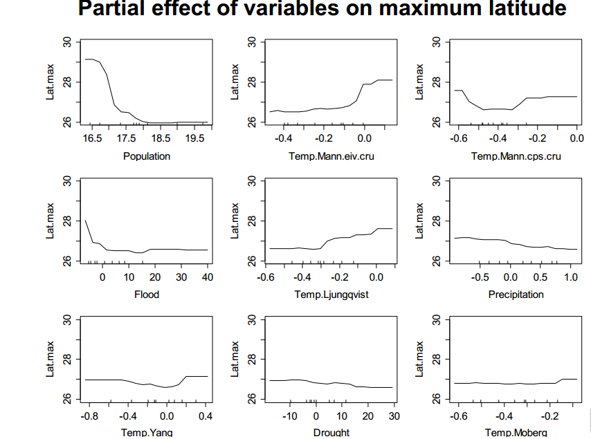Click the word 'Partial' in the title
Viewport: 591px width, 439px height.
tap(116, 9)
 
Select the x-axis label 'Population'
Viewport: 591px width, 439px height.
tap(147, 156)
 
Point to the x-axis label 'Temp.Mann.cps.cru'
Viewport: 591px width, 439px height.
tap(516, 156)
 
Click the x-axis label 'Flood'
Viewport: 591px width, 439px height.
tap(147, 295)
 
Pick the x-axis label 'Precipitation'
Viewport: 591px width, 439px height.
tap(516, 295)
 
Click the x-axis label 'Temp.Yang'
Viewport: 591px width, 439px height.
tap(147, 433)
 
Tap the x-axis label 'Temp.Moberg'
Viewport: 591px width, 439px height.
tap(516, 433)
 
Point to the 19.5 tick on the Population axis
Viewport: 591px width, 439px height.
tap(196, 138)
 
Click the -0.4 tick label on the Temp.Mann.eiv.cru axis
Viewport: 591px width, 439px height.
tap(283, 138)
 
